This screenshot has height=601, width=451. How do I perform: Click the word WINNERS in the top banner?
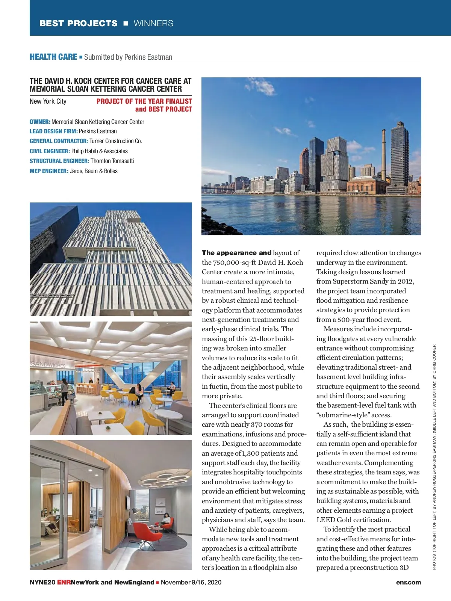(x=153, y=23)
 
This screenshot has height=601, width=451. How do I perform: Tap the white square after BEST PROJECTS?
(x=126, y=23)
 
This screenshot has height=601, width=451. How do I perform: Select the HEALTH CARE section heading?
(x=53, y=57)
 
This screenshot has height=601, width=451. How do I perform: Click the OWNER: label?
(x=40, y=122)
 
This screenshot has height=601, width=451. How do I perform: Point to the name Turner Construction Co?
(x=116, y=141)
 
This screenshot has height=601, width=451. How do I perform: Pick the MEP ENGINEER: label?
(x=49, y=171)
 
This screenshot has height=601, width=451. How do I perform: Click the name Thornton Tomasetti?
(x=112, y=161)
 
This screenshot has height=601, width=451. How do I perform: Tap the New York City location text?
(x=48, y=101)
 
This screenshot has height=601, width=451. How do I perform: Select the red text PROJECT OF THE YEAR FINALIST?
(x=144, y=101)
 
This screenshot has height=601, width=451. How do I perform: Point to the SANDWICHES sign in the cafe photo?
(x=48, y=364)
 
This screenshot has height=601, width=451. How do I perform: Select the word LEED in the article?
(x=325, y=520)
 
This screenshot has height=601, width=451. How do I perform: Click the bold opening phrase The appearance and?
(x=236, y=253)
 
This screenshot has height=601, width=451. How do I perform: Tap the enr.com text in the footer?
(x=408, y=582)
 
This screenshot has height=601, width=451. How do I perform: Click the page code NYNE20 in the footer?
(x=42, y=582)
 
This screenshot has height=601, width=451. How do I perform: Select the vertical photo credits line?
(x=434, y=457)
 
